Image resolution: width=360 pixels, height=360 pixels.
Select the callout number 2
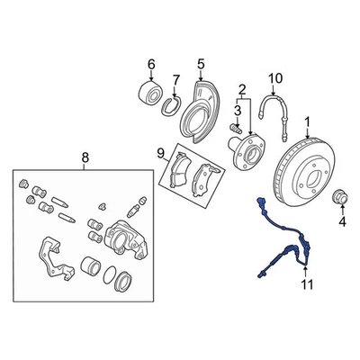pyautogui.click(x=241, y=88)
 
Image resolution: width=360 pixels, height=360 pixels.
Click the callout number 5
pyautogui.click(x=201, y=64)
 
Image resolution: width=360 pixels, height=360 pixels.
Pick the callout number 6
pyautogui.click(x=151, y=64)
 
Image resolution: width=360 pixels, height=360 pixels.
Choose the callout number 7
pyautogui.click(x=175, y=79)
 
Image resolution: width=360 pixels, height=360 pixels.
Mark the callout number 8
pyautogui.click(x=85, y=159)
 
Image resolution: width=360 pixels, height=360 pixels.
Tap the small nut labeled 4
pyautogui.click(x=340, y=197)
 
